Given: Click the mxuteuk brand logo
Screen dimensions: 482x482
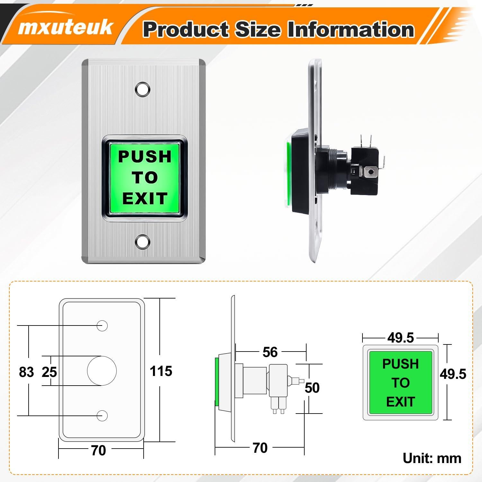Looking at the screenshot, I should pos(65,27).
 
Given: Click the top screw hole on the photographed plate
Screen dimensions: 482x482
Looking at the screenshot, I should pos(143,89).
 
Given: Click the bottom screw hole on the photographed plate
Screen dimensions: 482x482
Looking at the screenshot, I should pos(143,242).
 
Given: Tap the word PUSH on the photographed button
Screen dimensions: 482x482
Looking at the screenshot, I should pos(145,156).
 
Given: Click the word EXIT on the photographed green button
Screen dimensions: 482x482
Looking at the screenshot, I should pos(145,198).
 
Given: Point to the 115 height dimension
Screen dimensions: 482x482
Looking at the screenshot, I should pos(161,371).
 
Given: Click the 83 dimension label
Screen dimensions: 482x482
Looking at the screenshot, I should pos(26,372).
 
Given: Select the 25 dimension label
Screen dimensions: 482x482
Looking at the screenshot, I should pos(49,372).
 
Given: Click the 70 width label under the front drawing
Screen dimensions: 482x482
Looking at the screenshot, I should pos(98,450).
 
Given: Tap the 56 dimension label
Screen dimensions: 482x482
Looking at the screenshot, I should pos(270,352).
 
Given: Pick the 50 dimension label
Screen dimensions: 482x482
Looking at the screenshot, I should pos(312,388).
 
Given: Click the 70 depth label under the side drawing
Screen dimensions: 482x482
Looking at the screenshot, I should pos(260,448).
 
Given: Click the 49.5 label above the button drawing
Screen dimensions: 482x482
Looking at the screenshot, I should pos(400,338).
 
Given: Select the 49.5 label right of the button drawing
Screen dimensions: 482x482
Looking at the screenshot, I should pos(453,374).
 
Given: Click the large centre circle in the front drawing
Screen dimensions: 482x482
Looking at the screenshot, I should pos(102,371).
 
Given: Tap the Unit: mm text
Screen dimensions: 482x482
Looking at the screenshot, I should pos(432,458).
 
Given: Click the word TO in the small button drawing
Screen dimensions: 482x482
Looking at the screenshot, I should pos(400,383).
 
